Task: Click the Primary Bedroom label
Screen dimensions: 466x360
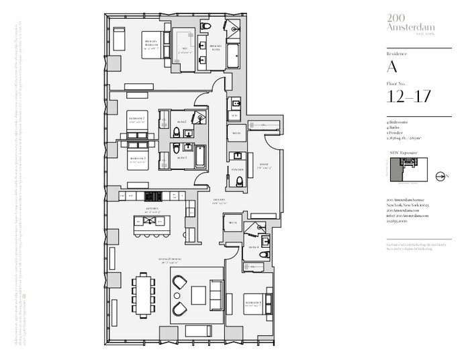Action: point(151,44)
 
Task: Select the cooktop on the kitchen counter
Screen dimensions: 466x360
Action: point(152,195)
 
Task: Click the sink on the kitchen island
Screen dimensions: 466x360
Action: point(149,222)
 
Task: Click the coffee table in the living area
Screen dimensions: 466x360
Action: point(199,295)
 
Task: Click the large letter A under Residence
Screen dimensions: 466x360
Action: point(392,66)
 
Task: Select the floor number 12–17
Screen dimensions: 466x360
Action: point(409,97)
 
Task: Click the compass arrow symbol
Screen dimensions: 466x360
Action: point(440,177)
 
